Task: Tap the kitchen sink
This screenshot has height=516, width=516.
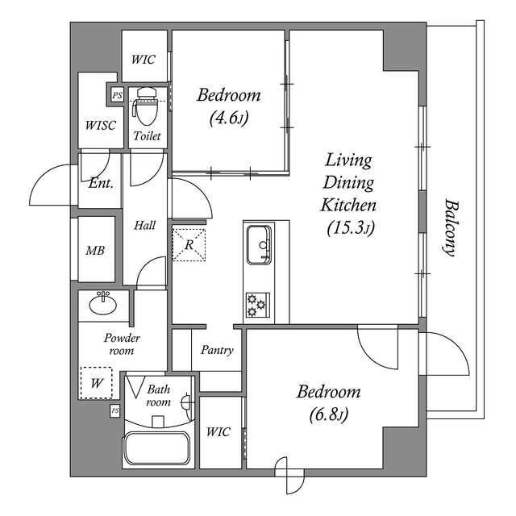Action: click(x=259, y=243)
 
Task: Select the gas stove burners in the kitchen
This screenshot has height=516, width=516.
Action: click(x=257, y=305)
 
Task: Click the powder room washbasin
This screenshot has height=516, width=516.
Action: click(x=103, y=305)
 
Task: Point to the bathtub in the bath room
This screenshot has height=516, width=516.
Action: click(x=156, y=448)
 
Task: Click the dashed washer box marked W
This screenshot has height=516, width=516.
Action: click(x=97, y=382)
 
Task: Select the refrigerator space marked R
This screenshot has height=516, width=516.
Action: click(x=189, y=244)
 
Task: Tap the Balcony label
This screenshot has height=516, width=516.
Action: click(x=450, y=227)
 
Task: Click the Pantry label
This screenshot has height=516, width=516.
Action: click(x=218, y=350)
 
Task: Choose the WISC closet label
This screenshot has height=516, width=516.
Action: click(x=101, y=125)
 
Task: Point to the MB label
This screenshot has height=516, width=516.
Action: click(x=95, y=251)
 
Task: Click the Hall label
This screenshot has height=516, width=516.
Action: click(x=145, y=225)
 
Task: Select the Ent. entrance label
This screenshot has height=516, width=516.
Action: click(x=100, y=183)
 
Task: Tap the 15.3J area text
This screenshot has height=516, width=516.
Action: click(x=349, y=228)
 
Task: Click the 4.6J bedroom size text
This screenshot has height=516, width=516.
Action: click(x=229, y=118)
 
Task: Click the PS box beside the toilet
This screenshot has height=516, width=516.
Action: click(x=118, y=96)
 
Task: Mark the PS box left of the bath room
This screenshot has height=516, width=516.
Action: click(x=114, y=411)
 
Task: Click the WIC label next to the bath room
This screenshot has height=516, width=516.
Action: click(x=218, y=432)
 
